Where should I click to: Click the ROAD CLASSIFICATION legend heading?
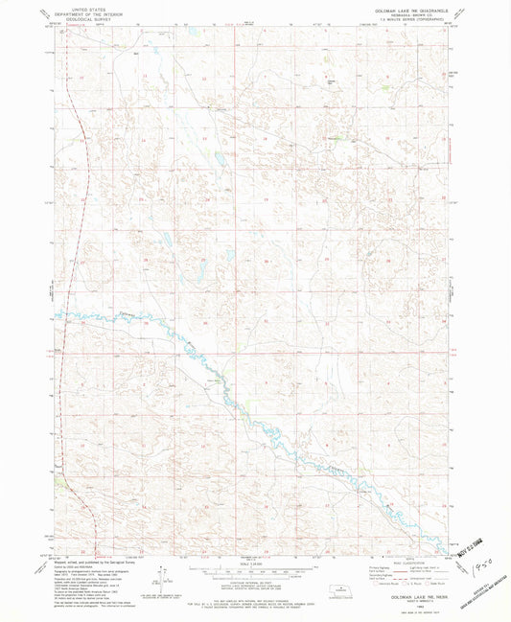click(413, 562)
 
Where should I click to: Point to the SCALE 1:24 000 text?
click(254, 563)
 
